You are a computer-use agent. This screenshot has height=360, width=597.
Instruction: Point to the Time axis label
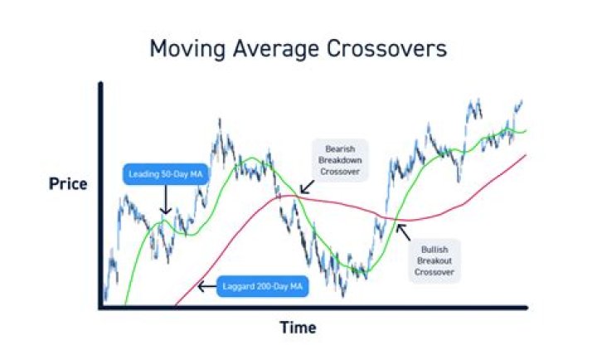(x=297, y=328)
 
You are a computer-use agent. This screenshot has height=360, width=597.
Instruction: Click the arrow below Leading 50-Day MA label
(x=164, y=201)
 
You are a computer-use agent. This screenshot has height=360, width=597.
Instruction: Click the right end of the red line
(x=527, y=155)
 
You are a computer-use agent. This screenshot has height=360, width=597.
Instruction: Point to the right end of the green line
(x=526, y=130)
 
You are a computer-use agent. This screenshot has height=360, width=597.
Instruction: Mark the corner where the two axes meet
(x=99, y=309)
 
